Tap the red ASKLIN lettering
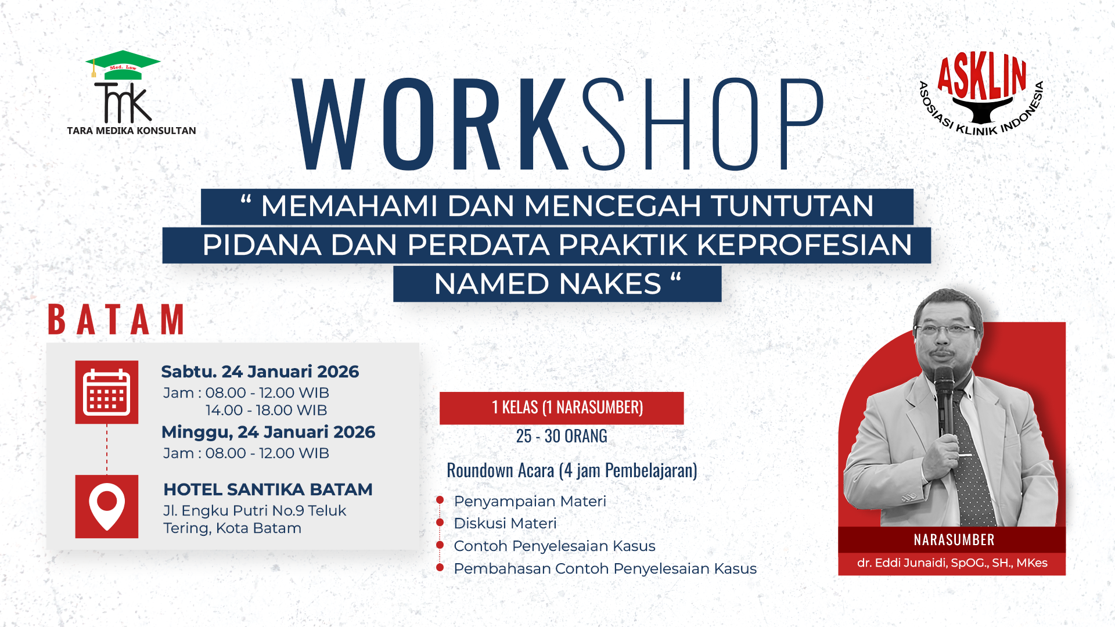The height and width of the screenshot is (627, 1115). click(981, 76)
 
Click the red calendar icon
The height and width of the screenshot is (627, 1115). click(107, 392)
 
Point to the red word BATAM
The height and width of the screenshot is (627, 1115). click(116, 319)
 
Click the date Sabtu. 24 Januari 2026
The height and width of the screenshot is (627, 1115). click(260, 372)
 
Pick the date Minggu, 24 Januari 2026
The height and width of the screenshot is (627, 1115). click(268, 432)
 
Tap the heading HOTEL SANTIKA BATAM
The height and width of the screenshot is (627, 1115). click(268, 489)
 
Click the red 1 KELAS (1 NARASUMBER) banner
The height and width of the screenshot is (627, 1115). click(562, 408)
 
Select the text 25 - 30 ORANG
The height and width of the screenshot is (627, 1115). click(562, 436)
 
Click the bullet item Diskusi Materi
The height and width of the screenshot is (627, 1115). click(505, 523)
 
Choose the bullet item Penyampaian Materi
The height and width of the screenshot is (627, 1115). click(530, 501)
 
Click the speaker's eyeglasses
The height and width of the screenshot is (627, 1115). click(945, 330)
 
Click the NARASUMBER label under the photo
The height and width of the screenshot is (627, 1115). click(954, 540)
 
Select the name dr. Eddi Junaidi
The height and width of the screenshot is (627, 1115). click(952, 563)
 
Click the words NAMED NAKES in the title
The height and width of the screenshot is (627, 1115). click(548, 284)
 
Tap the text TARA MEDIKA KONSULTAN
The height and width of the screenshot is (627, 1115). click(131, 131)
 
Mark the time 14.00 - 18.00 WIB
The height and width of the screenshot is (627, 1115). click(266, 410)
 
